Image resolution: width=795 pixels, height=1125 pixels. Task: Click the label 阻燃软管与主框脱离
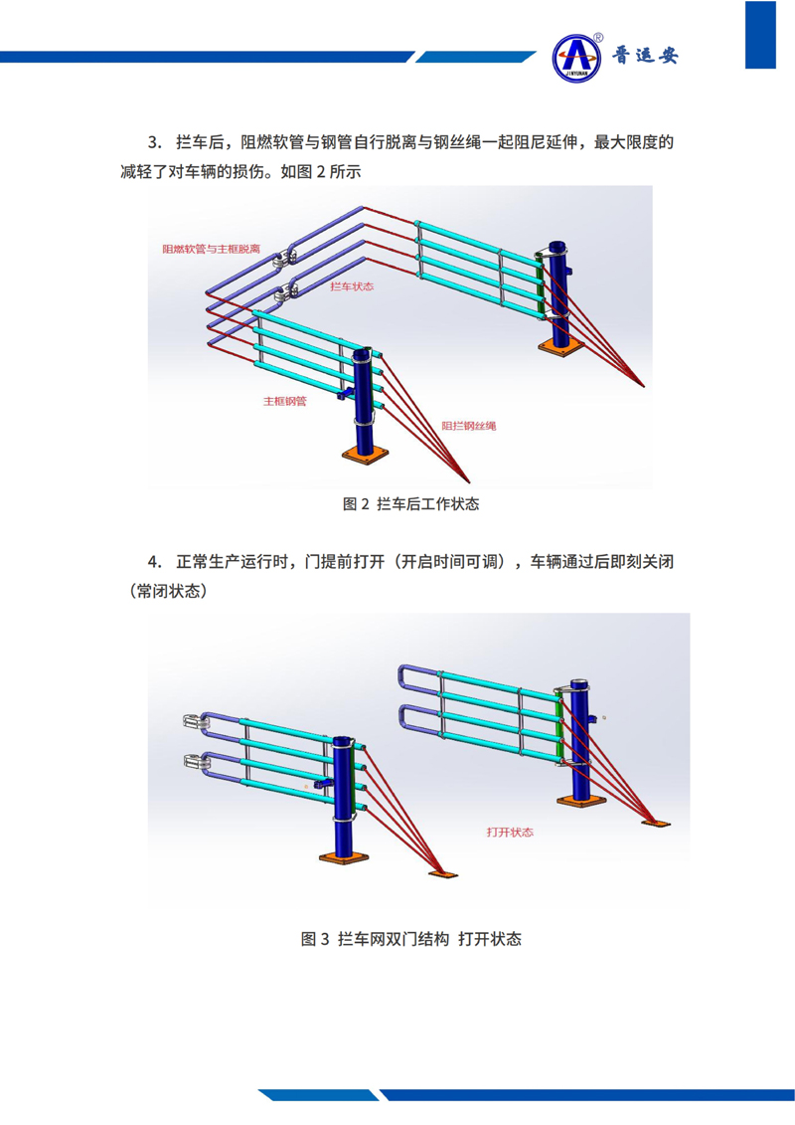pos(211,249)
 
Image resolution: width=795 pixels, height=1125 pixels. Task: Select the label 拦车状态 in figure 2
pos(351,285)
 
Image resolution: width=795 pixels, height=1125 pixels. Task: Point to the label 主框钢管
pos(284,402)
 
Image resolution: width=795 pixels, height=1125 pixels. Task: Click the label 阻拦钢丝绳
pos(469,426)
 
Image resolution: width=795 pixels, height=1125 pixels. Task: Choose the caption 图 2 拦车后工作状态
pos(410,504)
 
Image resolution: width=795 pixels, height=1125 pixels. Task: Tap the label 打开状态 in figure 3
pos(509,832)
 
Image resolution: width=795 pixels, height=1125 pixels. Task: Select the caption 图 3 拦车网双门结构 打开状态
pos(410,939)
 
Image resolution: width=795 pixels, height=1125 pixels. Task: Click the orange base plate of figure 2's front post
pos(366,454)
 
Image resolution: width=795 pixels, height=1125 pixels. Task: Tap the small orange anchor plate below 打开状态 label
pos(444,873)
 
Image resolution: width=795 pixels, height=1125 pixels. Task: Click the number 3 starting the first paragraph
pos(153,142)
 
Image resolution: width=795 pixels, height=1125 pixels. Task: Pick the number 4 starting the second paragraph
pos(153,561)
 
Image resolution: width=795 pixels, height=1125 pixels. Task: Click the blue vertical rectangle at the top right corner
pos(760,34)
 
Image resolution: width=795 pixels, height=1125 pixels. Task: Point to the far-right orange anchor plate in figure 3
pos(656,823)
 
